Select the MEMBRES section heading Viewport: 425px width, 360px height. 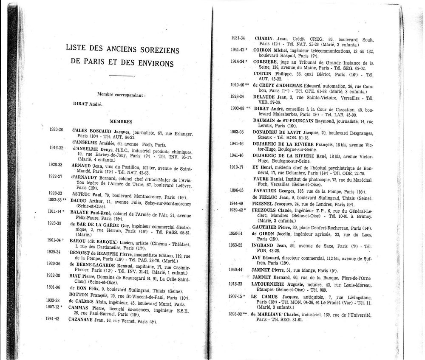[121, 121]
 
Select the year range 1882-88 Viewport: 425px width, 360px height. [55, 200]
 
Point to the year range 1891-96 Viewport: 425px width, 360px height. [55, 287]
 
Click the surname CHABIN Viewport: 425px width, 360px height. [263, 39]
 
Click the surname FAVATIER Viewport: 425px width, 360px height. [266, 191]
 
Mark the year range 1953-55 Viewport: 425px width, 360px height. [236, 245]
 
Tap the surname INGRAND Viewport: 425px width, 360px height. [266, 245]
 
